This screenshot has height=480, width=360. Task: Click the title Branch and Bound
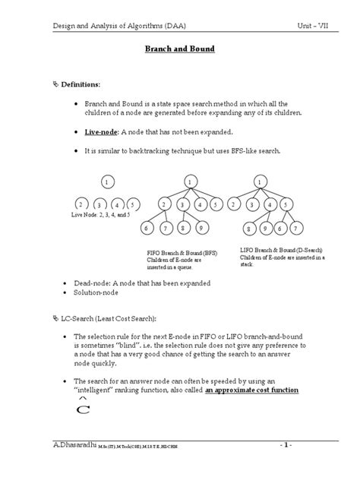[x=180, y=49]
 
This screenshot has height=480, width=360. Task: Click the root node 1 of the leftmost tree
[x=108, y=182]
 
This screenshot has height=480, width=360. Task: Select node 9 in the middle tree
[x=201, y=228]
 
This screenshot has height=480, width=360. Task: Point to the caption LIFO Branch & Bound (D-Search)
[x=281, y=250]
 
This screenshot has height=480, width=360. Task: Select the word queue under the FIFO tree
[x=188, y=267]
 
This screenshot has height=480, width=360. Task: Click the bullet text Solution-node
[x=107, y=292]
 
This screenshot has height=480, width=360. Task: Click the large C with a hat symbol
[x=86, y=409]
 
